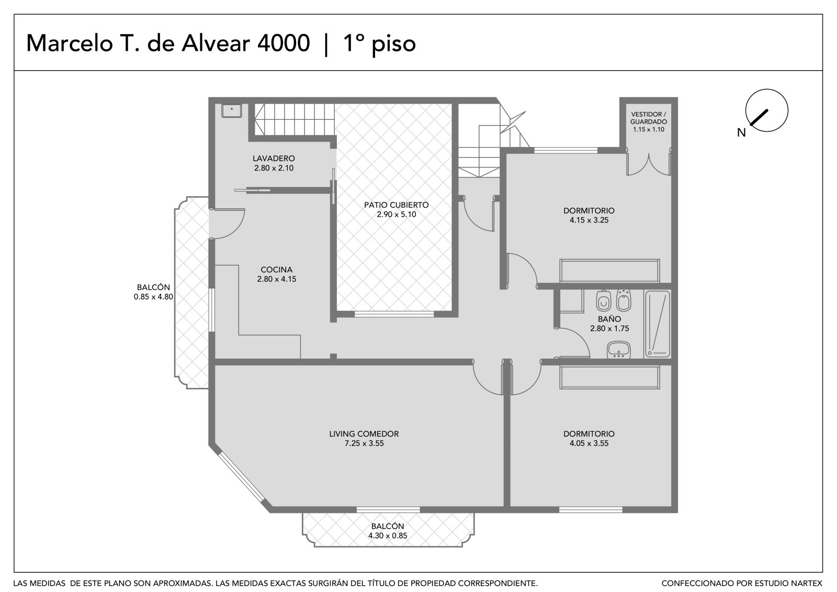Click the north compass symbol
[766, 110]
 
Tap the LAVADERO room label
[274, 158]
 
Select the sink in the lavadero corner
[232, 110]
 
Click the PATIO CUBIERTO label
[396, 205]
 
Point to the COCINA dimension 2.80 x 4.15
[277, 279]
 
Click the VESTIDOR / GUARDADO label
[648, 118]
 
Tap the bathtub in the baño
[657, 324]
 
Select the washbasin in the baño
[619, 350]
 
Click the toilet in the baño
[603, 300]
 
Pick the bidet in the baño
[624, 300]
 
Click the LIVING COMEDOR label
[364, 434]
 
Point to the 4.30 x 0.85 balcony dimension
[388, 535]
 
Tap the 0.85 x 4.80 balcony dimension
[153, 297]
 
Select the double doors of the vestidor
[649, 162]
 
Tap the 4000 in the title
[284, 43]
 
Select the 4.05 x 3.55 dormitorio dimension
[589, 443]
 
